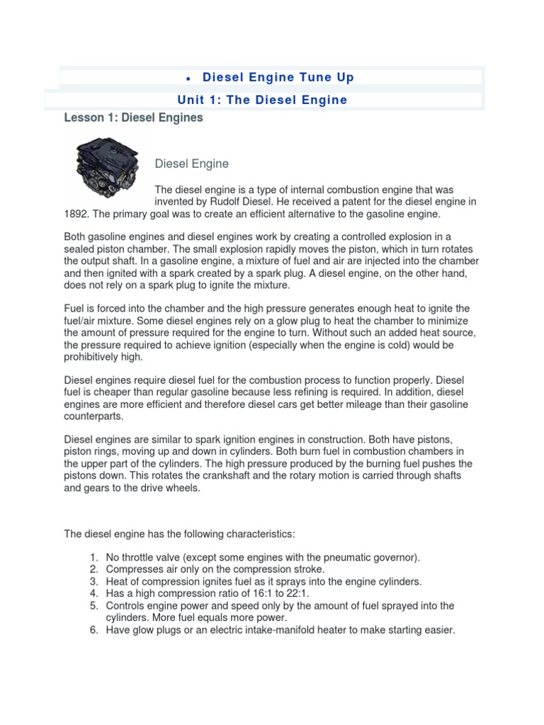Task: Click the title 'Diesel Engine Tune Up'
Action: [278, 77]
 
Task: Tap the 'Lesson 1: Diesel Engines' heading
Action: [133, 118]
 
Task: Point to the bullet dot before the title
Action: [186, 78]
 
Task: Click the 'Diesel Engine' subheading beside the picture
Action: [192, 164]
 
